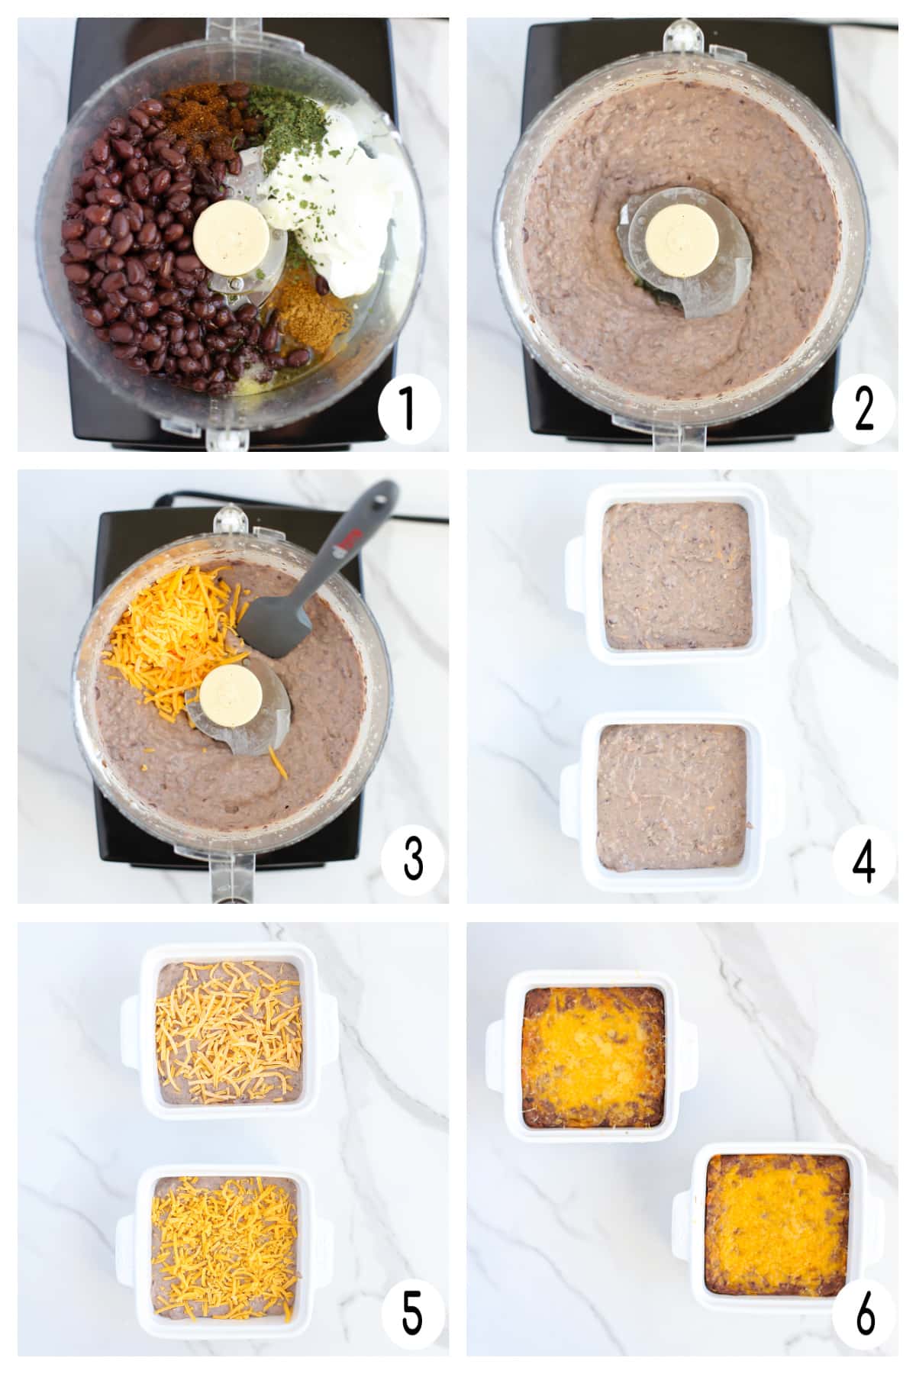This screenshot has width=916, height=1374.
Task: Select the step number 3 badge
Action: click(x=412, y=859)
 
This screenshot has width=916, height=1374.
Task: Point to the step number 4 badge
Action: click(x=864, y=860)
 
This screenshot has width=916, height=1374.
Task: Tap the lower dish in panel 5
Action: click(x=224, y=1253)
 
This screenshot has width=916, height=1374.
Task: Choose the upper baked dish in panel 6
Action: click(x=592, y=1056)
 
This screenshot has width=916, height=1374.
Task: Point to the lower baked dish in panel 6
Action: click(x=777, y=1230)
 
